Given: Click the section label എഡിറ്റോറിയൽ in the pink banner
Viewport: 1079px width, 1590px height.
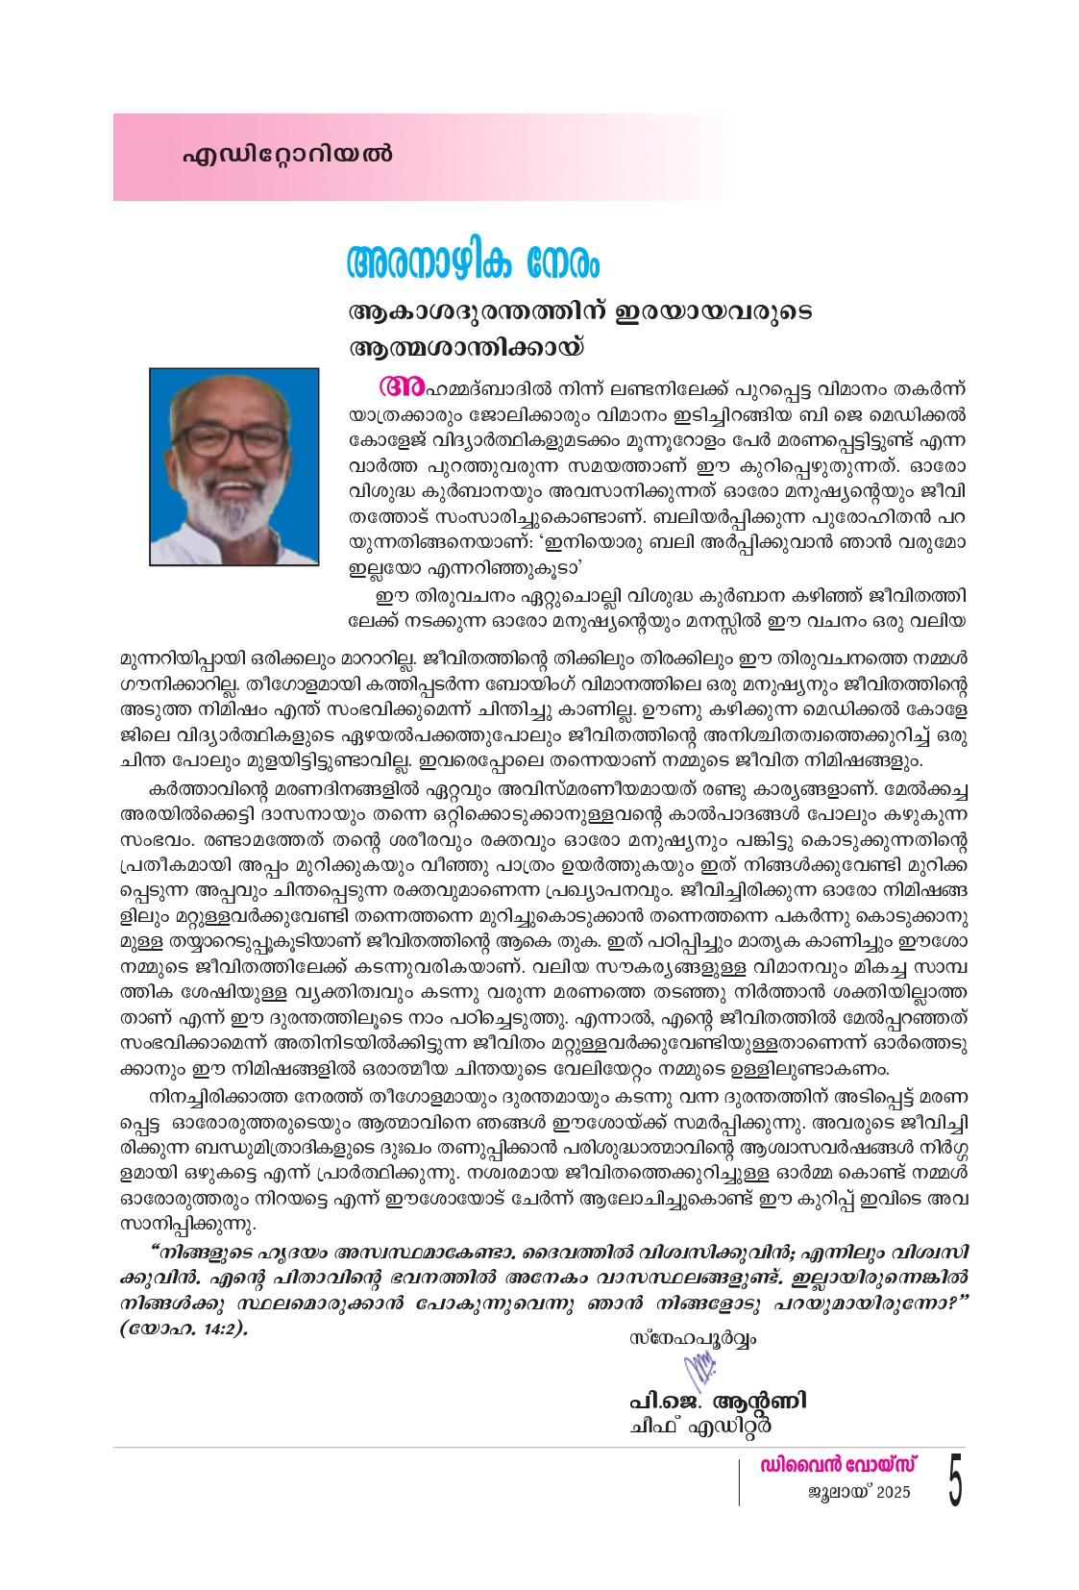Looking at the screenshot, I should click(x=287, y=155).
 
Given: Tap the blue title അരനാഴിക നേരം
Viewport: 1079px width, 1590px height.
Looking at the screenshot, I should click(x=473, y=261).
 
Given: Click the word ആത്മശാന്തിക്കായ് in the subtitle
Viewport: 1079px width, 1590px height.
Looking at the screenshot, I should click(x=466, y=346).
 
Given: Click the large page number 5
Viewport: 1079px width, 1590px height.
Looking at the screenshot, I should click(x=954, y=1480).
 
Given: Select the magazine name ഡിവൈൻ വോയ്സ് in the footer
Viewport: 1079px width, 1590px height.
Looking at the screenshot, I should click(x=838, y=1465).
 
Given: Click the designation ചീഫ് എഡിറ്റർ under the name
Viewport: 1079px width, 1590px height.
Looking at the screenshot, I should click(x=700, y=1427).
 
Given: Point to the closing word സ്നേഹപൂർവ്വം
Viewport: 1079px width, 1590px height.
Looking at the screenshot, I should click(x=692, y=1338).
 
